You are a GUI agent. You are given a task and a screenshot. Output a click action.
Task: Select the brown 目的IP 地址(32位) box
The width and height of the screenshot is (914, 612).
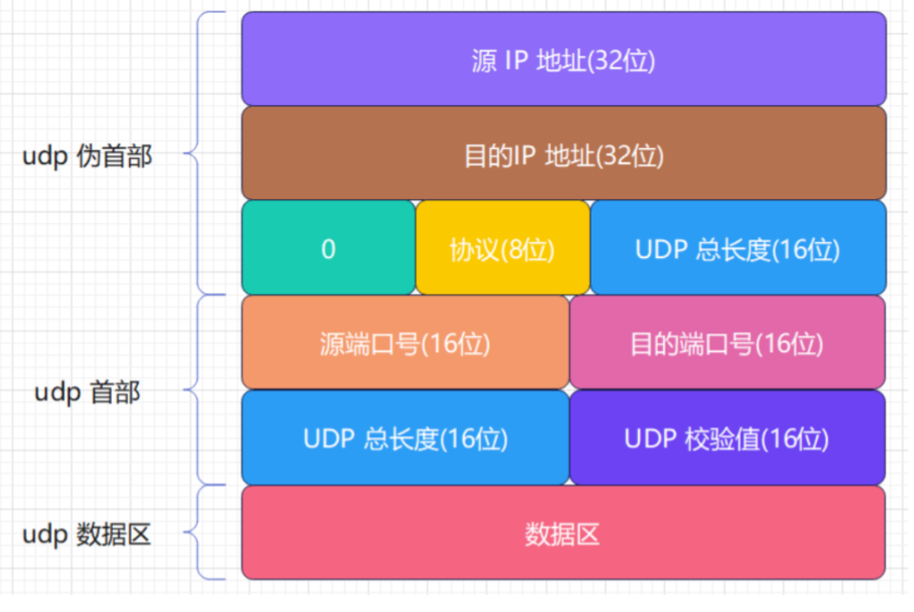point(563,153)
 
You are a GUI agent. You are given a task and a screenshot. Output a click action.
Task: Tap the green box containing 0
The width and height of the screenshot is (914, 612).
point(328,248)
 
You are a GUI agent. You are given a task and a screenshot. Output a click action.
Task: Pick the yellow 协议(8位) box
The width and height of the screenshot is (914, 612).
point(502,248)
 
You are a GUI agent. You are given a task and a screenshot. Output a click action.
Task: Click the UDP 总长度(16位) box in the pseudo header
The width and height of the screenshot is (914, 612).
point(737,248)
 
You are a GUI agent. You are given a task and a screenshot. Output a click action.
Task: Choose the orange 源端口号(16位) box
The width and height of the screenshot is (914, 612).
point(405,342)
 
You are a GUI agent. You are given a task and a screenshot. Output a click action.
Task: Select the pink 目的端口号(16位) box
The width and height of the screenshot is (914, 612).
point(727,342)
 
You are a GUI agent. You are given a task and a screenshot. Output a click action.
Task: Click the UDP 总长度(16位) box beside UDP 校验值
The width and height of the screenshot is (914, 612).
point(405,438)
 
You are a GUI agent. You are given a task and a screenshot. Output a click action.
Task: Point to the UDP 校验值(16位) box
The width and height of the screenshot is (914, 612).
point(727,438)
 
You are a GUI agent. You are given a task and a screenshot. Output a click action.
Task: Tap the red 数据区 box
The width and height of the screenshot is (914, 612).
point(563,533)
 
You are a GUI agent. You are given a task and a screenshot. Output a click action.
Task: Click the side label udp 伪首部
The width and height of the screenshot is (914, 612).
point(87,156)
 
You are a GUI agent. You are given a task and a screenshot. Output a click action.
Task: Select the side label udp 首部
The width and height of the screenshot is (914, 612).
point(87,392)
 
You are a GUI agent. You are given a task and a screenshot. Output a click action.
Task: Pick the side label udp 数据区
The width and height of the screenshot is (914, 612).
point(87,535)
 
